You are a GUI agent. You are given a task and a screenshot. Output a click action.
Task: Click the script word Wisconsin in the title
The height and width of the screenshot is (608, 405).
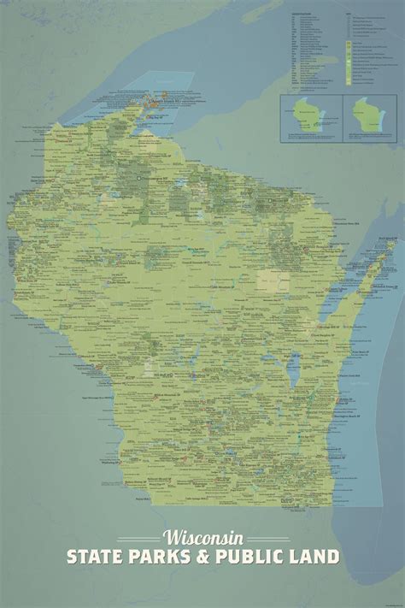coord(202,538)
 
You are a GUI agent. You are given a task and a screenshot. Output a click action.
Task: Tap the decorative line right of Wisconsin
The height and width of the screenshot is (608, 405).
coord(264,538)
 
